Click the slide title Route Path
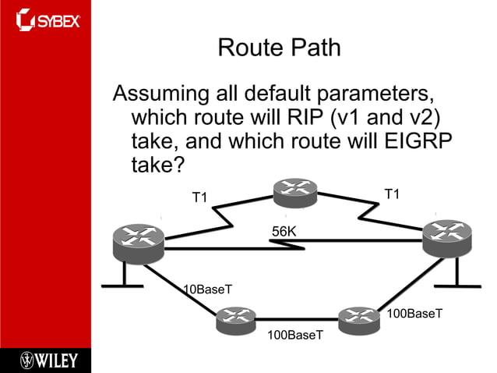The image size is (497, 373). tap(279, 48)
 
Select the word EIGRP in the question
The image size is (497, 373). tap(418, 142)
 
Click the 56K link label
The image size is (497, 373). tap(284, 231)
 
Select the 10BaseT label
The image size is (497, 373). tap(208, 290)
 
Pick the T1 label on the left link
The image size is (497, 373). tap(200, 197)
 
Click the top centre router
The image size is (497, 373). tap(295, 192)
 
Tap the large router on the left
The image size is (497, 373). tap(139, 242)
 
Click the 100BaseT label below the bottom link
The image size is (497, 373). tap(294, 335)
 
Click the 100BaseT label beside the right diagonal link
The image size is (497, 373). tap(414, 314)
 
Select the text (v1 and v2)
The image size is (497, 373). tap(385, 118)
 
